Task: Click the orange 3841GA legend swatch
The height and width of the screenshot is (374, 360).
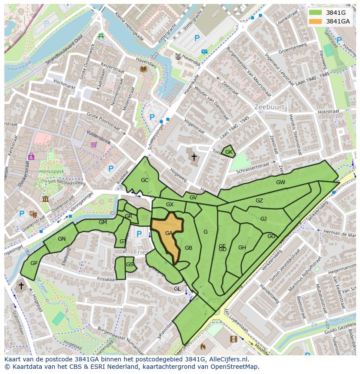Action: tap(316, 21)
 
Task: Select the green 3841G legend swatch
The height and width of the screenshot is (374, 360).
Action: tap(316, 13)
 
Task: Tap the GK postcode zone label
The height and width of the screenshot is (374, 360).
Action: tap(229, 152)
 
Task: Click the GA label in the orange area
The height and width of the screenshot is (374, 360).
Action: tap(169, 233)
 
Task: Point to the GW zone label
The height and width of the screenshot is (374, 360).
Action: tap(280, 182)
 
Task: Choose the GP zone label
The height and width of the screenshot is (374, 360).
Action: tap(34, 263)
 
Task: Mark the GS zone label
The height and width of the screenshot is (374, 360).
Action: tap(130, 264)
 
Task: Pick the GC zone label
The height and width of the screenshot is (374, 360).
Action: tap(145, 180)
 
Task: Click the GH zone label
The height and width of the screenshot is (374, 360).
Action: tap(242, 248)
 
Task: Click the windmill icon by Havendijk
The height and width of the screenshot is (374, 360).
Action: tap(177, 56)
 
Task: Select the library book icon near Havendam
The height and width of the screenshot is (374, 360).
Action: tap(143, 69)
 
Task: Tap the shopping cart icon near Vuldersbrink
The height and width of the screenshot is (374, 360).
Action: tap(93, 145)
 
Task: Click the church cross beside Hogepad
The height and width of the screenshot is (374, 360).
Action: tap(21, 286)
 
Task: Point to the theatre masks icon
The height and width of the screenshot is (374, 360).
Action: tap(33, 213)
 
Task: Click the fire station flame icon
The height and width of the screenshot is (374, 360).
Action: tap(202, 347)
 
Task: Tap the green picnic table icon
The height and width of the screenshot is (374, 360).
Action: tap(101, 36)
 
